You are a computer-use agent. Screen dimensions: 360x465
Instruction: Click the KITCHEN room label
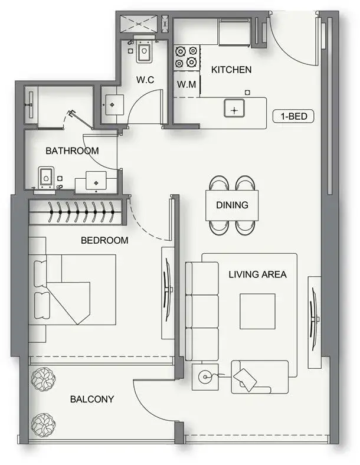click(231, 70)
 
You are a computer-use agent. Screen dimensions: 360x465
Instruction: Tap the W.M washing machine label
click(186, 84)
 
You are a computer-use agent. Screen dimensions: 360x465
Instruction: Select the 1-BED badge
click(293, 116)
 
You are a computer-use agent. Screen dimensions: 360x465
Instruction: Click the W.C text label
click(145, 80)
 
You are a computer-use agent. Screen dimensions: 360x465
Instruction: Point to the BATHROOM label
click(72, 150)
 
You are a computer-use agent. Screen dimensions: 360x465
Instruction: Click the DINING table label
click(232, 205)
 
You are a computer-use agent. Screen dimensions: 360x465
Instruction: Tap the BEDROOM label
click(104, 240)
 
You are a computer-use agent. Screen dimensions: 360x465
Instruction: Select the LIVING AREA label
click(258, 274)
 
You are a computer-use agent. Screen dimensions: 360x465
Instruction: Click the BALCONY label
click(92, 399)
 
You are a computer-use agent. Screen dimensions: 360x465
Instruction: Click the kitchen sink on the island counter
click(234, 108)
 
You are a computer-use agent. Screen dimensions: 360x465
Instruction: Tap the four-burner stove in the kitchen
click(186, 57)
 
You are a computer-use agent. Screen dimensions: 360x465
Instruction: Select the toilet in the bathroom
click(46, 179)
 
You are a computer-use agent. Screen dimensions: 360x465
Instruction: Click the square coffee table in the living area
click(257, 312)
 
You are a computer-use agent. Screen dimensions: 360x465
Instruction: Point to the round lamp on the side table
click(205, 377)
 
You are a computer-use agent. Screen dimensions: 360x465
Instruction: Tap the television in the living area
click(313, 319)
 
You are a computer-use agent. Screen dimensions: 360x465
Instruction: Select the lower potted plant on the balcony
click(43, 425)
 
